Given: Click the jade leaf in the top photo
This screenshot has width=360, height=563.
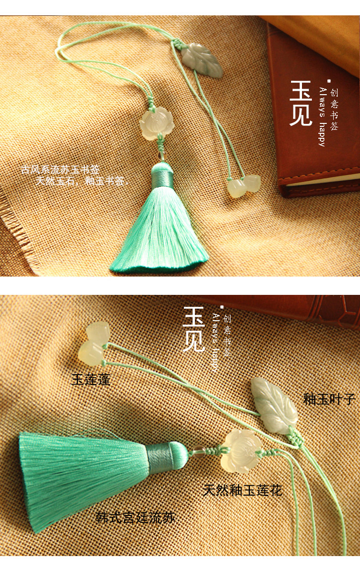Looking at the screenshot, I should click(202, 60).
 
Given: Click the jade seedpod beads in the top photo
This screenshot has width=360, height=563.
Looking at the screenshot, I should click(243, 185).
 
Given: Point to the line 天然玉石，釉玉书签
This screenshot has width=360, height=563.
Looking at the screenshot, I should click(82, 181).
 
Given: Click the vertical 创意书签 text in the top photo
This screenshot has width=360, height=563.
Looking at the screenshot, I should click(334, 109).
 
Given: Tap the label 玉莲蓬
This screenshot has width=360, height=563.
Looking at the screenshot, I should click(91, 380).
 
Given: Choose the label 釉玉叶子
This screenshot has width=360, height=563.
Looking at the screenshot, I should click(329, 399).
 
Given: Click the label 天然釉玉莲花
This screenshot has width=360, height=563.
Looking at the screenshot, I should click(242, 490).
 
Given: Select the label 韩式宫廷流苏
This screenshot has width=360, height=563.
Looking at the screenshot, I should click(135, 518).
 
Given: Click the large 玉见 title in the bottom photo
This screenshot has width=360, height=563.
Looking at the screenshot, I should click(193, 329).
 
